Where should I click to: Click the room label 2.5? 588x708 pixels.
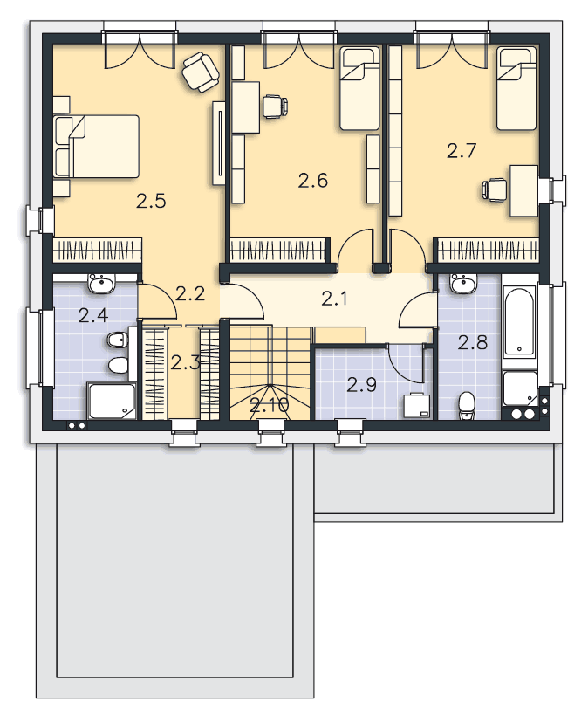point(151,201)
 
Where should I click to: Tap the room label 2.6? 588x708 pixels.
point(313,181)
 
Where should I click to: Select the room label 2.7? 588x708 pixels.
point(462,150)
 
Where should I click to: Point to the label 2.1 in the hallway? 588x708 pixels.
point(335,299)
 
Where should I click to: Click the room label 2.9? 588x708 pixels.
point(361,385)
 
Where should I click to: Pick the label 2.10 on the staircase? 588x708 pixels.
point(270,405)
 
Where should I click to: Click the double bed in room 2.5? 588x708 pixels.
point(96,147)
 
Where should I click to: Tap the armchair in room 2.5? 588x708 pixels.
point(201,72)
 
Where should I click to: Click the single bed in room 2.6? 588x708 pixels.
point(359,89)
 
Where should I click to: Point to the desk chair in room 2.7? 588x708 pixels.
point(494,189)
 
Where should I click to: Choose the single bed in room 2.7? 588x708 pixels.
point(517,89)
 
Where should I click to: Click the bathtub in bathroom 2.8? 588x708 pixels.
point(520,321)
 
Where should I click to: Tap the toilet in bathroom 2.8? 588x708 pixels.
point(467,405)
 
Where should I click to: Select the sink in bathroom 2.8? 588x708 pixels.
point(463,284)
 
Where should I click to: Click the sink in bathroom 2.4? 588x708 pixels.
point(101,284)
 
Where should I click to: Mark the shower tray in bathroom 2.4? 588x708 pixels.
point(112,401)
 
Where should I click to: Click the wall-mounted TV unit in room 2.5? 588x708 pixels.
point(219,142)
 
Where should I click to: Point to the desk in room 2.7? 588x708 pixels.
point(524,191)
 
